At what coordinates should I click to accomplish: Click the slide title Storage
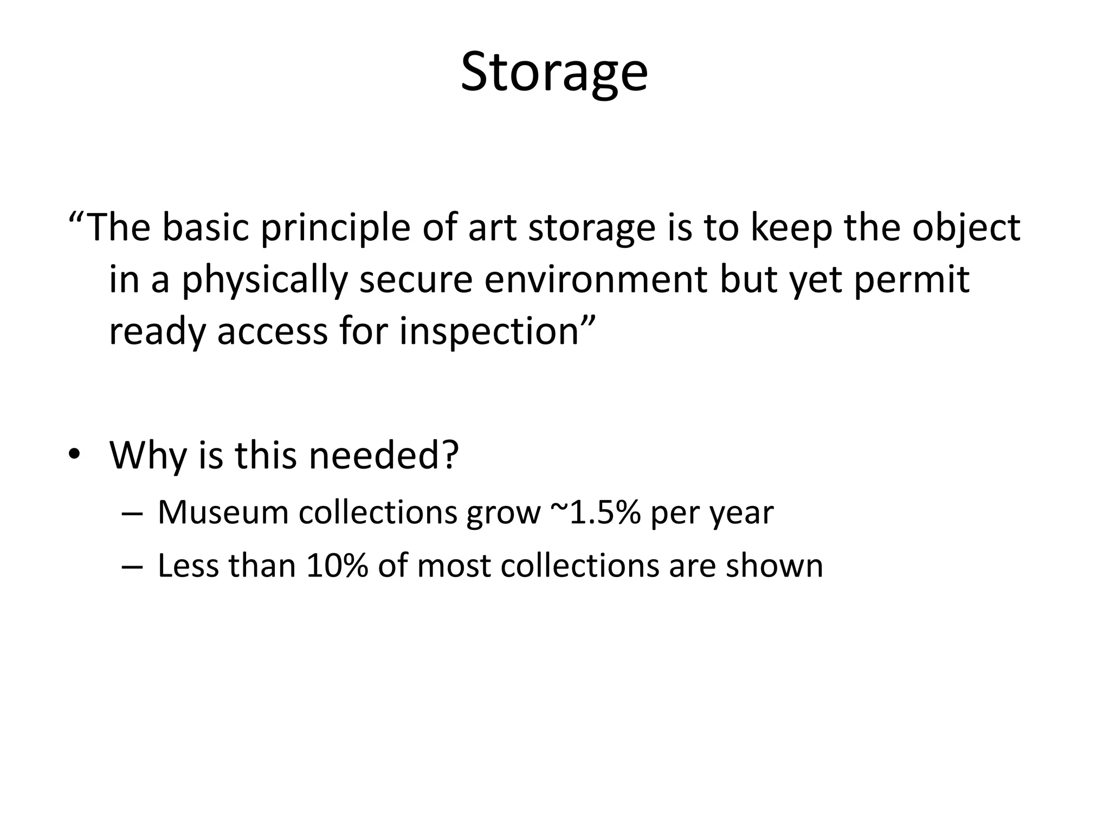point(554,72)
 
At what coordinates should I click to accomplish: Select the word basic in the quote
point(205,227)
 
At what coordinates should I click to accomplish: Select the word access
point(272,331)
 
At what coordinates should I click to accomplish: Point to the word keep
point(791,228)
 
